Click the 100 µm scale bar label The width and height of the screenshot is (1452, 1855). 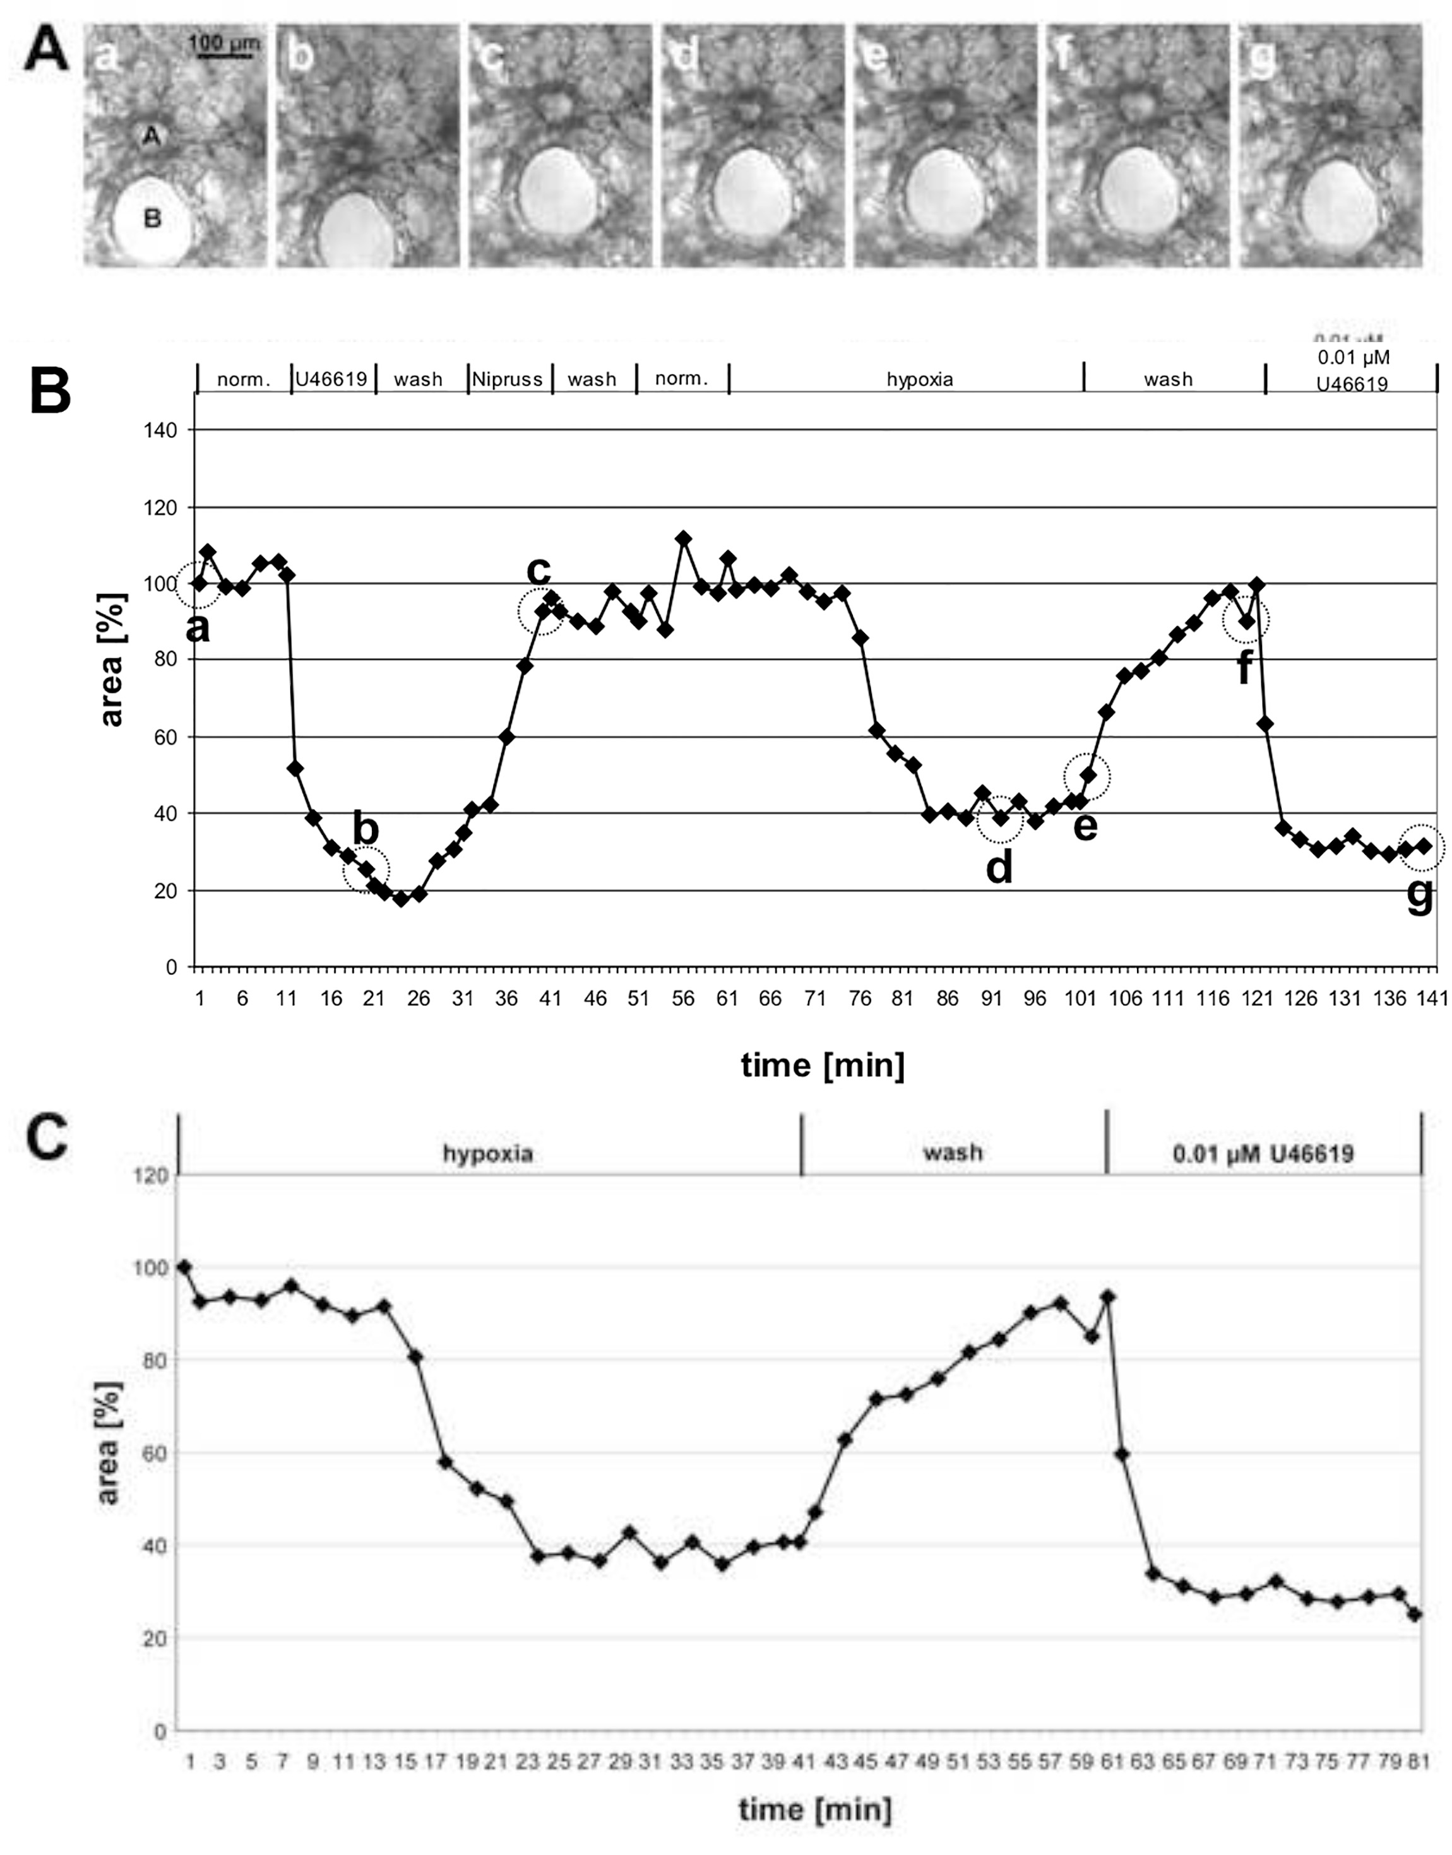coord(223,42)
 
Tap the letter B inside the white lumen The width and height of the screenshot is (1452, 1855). coord(152,219)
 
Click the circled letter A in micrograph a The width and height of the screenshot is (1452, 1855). coord(152,136)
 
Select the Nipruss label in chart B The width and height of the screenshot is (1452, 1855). coord(508,379)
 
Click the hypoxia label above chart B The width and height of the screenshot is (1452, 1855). coord(919,379)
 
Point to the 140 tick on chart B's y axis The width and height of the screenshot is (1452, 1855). coord(161,431)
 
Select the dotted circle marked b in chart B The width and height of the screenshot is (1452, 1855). coord(366,869)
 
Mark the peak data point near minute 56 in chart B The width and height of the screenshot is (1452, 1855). coord(682,539)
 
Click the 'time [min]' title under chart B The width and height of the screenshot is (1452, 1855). coord(822,1064)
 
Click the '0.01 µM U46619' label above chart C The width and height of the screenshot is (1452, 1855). coord(1263,1153)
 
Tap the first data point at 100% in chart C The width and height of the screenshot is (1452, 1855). coord(184,1267)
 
